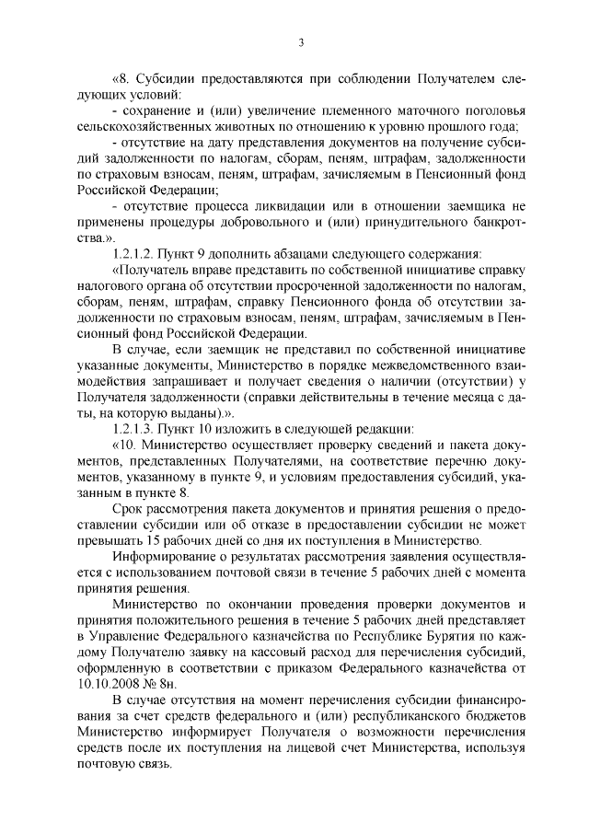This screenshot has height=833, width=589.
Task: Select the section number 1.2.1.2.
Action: click(x=134, y=252)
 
